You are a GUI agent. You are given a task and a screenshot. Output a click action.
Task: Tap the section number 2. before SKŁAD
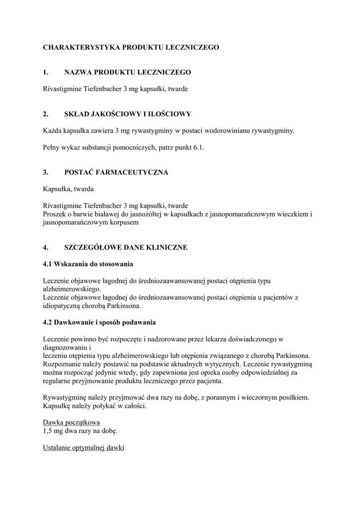[x=45, y=114]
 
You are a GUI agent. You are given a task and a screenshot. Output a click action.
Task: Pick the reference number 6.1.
[x=199, y=148]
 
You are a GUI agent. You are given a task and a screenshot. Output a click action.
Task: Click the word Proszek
[x=55, y=214]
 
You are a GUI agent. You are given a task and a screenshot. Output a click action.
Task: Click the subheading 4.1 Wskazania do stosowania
[x=88, y=263]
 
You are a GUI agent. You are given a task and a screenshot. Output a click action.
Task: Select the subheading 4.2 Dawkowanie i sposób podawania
[x=99, y=322]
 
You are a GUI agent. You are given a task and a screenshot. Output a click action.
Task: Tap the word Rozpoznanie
[x=63, y=364]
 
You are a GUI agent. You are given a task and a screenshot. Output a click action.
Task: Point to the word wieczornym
[x=272, y=398]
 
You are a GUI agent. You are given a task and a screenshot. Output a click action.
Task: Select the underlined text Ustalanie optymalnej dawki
[x=84, y=447]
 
